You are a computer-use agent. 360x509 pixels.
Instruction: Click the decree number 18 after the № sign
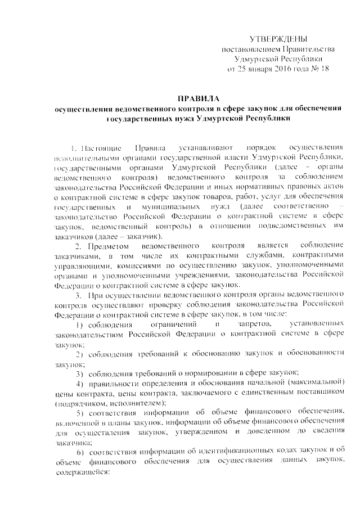324,69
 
